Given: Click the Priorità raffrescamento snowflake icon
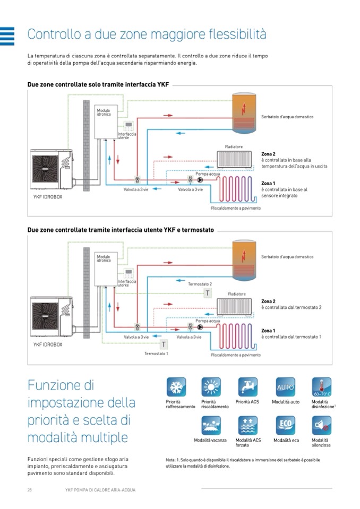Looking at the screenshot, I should pos(176,387).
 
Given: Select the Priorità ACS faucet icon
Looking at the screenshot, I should pos(247,387).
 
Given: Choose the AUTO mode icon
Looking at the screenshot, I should pos(285,387).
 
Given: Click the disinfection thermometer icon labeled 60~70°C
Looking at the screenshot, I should pos(321,387).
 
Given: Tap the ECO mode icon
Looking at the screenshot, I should pos(285,426).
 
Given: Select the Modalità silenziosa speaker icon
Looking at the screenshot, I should pos(321,426).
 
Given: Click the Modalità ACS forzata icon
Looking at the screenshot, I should pos(247,426).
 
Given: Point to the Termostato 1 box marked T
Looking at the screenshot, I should pos(164,344).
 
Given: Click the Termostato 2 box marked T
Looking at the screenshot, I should pos(208,292).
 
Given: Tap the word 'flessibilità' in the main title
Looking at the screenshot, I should pos(233,34).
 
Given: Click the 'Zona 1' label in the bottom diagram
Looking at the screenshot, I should pos(268,331).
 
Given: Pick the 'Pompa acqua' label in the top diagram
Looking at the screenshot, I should pos(208,174).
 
